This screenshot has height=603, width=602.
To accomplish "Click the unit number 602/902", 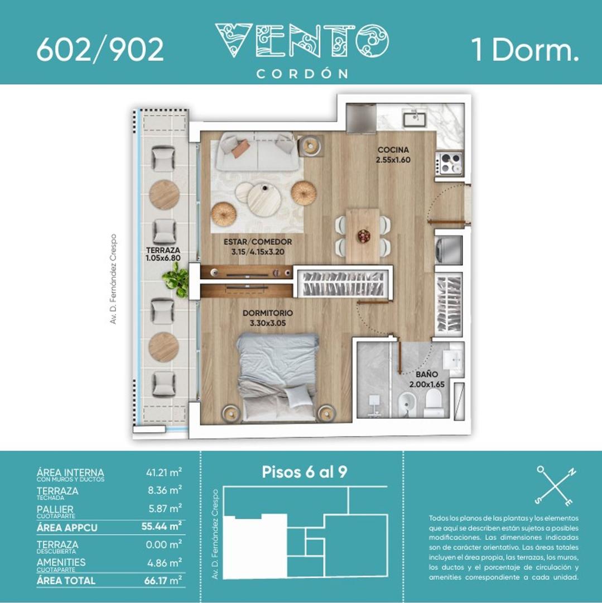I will tap(100, 50).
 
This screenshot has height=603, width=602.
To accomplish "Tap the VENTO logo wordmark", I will tap(302, 41).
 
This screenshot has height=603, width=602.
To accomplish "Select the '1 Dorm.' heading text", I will tap(524, 50).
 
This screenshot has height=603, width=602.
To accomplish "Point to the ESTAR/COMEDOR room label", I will tap(258, 247).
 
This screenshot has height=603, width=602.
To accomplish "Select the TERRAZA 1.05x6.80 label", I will tap(163, 255).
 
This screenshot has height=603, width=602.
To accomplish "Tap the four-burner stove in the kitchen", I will tap(450, 164).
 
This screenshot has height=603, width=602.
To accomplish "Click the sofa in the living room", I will tap(256, 151).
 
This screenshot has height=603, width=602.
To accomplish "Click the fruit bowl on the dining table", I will tap(364, 236).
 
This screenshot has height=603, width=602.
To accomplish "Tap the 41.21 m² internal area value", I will tap(164, 473).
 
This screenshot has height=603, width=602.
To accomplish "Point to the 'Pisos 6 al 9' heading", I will tap(305, 472).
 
